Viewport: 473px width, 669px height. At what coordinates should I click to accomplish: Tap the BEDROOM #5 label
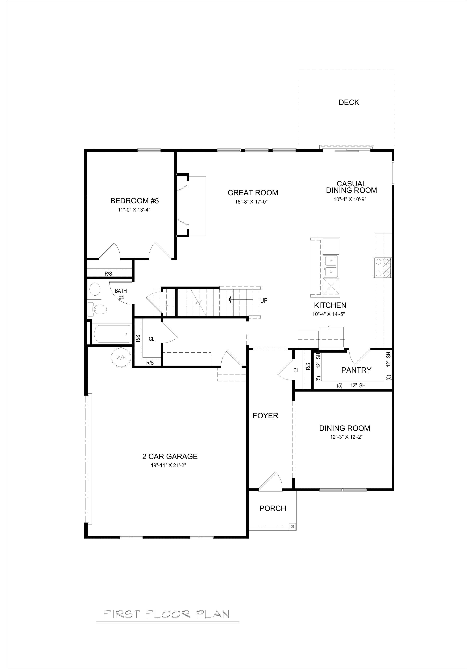pos(134,201)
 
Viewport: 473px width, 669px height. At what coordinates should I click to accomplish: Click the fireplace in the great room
pos(191,206)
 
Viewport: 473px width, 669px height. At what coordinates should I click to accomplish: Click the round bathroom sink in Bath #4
pos(95,290)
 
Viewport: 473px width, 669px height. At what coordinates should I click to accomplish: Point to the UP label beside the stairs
pos(264,300)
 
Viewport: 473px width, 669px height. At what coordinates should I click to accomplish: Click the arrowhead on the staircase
pos(230,299)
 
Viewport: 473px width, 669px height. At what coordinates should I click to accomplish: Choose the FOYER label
pos(265,416)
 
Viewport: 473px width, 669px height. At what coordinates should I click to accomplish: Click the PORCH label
pos(273,508)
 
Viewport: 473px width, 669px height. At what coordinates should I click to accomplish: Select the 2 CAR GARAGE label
pos(170,457)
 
